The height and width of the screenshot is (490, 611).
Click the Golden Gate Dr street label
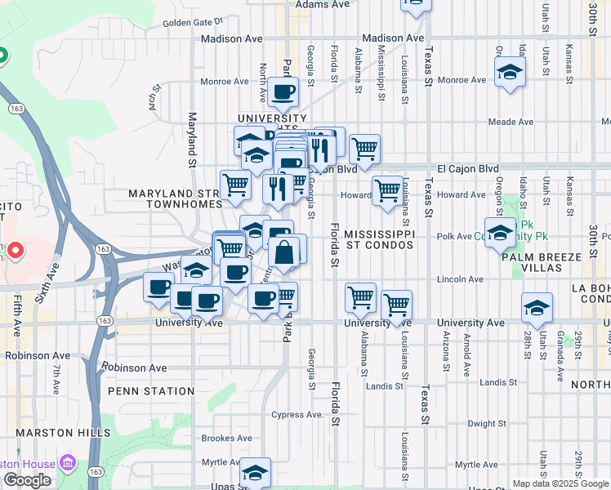click(193, 22)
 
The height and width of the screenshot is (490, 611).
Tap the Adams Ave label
click(323, 4)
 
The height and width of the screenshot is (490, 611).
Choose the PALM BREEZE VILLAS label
click(542, 262)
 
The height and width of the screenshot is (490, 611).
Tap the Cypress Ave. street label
click(298, 414)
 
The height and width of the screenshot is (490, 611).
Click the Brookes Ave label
click(218, 439)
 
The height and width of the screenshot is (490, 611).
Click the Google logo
click(27, 480)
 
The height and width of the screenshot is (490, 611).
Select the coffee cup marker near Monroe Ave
click(283, 93)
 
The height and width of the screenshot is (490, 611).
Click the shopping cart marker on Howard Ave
click(387, 191)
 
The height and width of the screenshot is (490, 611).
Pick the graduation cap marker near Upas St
click(255, 473)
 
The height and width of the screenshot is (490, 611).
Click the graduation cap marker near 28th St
click(537, 309)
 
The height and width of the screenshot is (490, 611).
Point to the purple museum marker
click(67, 465)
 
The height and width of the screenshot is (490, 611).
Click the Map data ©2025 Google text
click(560, 483)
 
